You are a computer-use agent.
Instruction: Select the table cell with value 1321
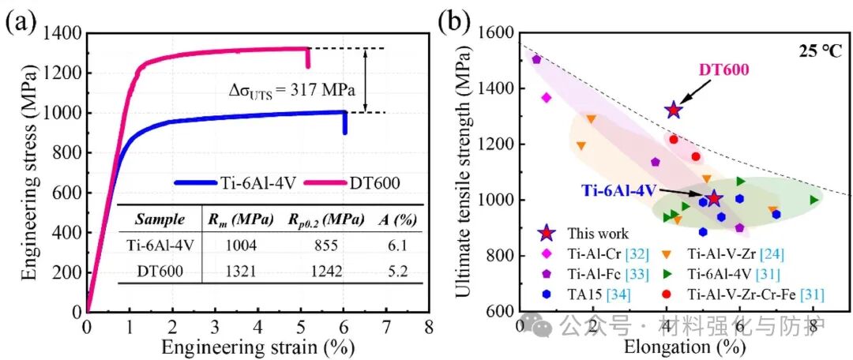(237, 271)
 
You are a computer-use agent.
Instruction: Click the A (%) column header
(396, 219)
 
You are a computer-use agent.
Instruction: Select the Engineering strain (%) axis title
(256, 346)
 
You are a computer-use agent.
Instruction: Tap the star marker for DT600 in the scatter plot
(673, 111)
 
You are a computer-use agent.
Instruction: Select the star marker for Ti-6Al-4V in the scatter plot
(714, 198)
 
